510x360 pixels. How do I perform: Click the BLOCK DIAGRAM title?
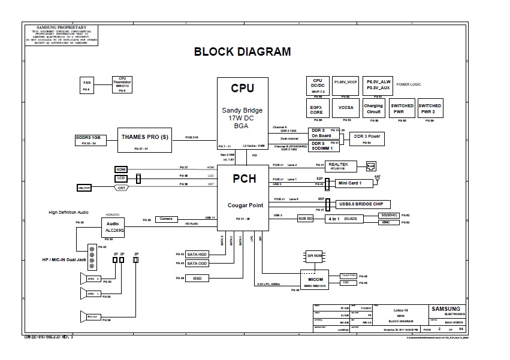point(242,52)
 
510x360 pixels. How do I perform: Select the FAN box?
point(87,84)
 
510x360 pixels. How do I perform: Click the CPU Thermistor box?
point(122,84)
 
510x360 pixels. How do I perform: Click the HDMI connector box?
point(122,170)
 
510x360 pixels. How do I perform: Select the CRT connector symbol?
point(122,187)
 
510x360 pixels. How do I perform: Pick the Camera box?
point(166,219)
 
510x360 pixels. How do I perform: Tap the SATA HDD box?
point(197,255)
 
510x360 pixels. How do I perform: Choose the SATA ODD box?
point(197,263)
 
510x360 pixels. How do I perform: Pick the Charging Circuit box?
point(373,109)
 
